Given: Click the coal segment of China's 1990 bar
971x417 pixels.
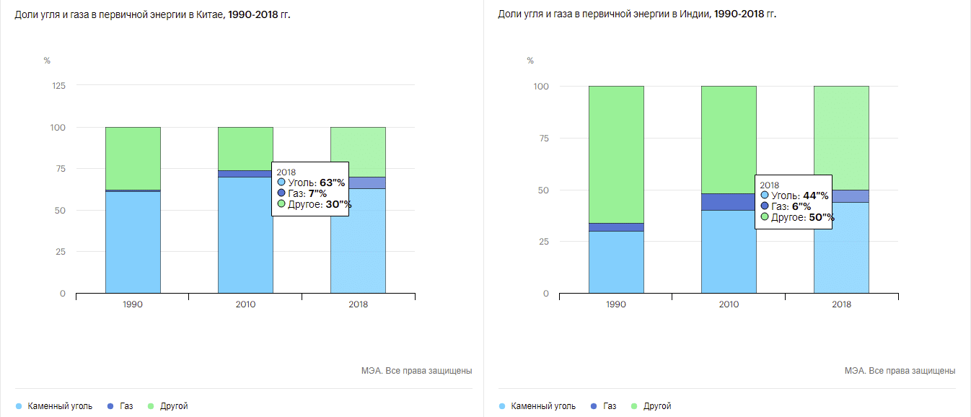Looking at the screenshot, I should coord(133,242).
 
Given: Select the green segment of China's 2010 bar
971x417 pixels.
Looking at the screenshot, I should coord(245,149).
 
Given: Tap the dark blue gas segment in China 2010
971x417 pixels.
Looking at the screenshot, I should coord(245,174).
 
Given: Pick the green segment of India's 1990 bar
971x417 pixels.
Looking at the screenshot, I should coord(616,154).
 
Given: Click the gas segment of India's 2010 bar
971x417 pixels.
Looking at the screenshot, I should coord(729,202).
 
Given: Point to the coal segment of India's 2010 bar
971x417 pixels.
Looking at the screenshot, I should coord(729,252).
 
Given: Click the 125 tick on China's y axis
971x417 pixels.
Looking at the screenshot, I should coord(59,86).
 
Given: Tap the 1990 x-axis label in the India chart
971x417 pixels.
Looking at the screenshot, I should coord(616,304).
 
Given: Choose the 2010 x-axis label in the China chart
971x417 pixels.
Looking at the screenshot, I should coord(245,304).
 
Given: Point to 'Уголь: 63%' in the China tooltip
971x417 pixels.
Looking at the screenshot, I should coord(310,183).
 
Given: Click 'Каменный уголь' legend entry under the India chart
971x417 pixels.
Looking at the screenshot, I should coord(542,406).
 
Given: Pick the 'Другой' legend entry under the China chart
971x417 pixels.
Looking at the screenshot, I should coord(174,406).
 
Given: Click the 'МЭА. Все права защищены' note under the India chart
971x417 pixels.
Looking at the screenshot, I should coord(900,371).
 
